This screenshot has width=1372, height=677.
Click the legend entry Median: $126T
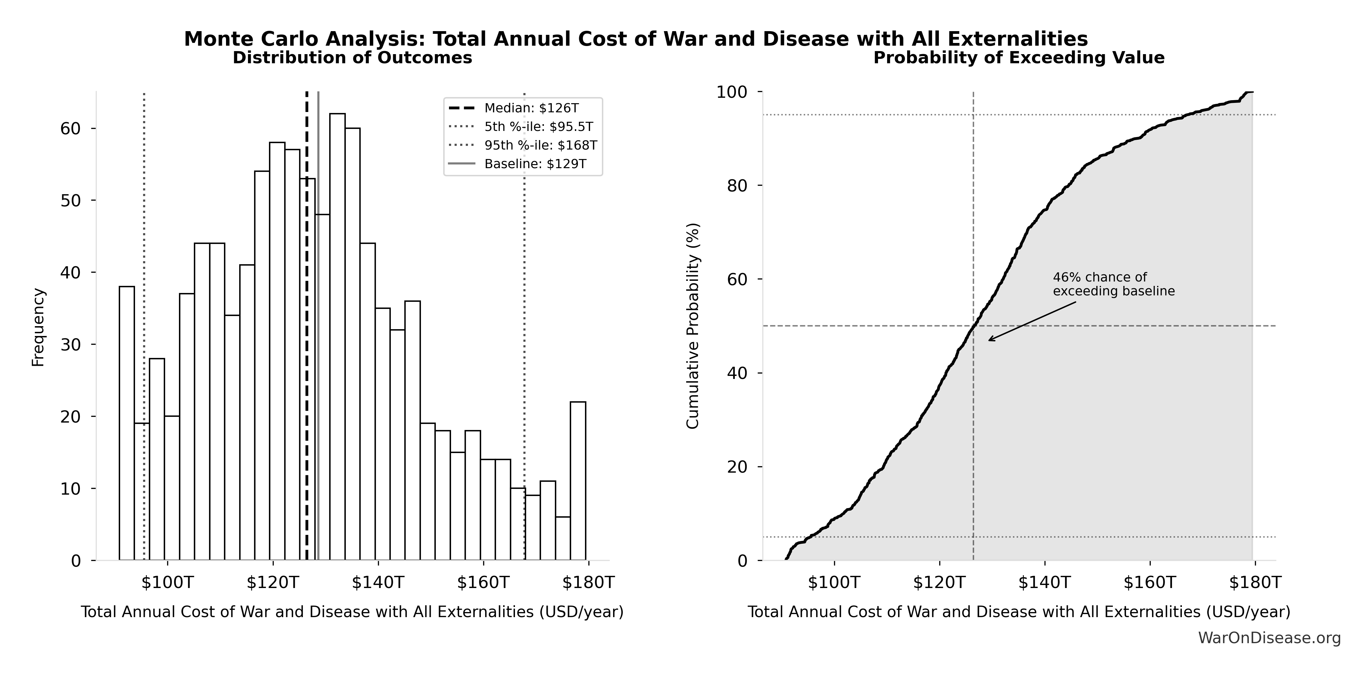tap(531, 108)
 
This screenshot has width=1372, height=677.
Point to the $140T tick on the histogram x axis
tap(378, 583)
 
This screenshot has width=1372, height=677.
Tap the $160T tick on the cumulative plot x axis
tap(1150, 583)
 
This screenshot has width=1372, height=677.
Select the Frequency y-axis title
tap(38, 327)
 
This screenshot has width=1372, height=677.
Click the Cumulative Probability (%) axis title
tap(692, 325)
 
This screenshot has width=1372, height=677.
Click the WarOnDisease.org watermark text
tap(1269, 638)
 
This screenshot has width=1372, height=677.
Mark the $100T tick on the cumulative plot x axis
tap(834, 583)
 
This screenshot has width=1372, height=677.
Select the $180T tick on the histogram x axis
tap(588, 583)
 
